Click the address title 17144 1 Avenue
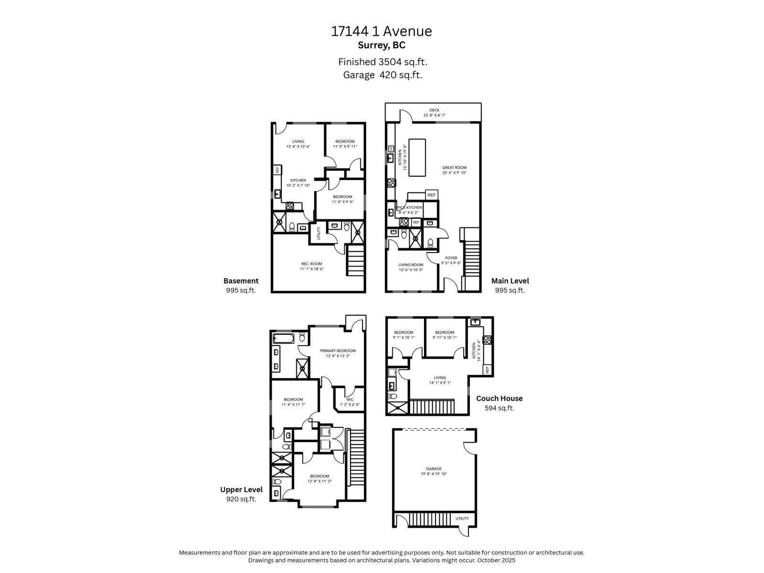tap(382, 32)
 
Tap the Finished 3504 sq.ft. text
tap(382, 62)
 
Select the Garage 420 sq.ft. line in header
tap(382, 75)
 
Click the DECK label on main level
tap(434, 110)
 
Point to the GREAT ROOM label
tap(454, 168)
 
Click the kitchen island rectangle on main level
tap(417, 158)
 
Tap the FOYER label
tap(451, 258)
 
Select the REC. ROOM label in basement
tap(311, 264)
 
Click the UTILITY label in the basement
tap(318, 233)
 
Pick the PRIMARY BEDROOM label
tap(338, 350)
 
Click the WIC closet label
tap(350, 399)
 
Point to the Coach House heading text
tap(499, 398)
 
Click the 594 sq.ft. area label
tap(499, 408)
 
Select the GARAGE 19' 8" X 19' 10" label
tap(434, 471)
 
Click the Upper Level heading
tap(241, 489)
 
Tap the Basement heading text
tap(241, 281)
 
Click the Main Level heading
tap(510, 281)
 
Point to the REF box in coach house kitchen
tap(488, 370)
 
